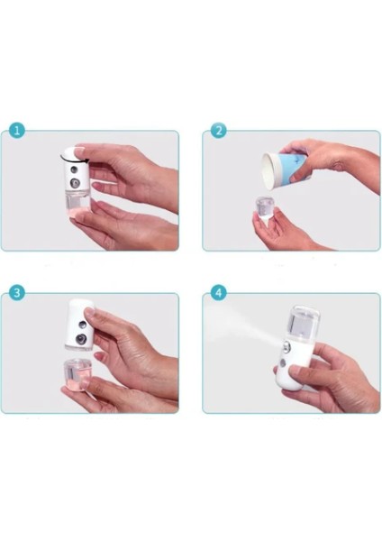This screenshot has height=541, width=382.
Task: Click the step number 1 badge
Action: click(15, 131)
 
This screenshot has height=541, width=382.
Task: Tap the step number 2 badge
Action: click(217, 131)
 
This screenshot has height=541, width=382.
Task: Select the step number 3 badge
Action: click(15, 293)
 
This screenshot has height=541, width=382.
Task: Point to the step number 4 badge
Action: click(217, 293)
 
